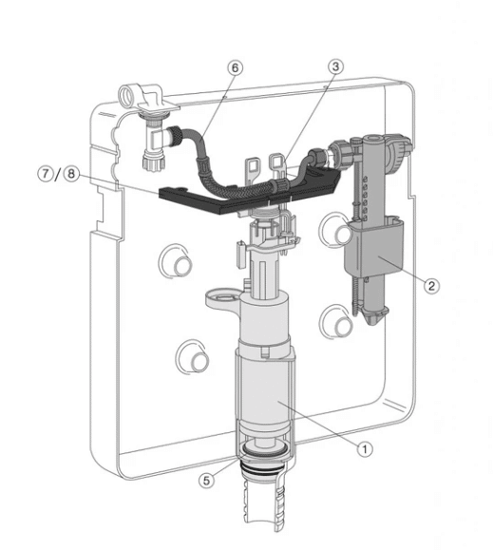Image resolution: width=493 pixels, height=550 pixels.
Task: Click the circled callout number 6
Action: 235,67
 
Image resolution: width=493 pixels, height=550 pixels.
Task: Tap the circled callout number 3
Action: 335,66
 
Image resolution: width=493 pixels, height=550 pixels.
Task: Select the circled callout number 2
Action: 431,286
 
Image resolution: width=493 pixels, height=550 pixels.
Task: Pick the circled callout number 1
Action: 365,448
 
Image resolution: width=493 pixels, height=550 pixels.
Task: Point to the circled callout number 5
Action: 206,481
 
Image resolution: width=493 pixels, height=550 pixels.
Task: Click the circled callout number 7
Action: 46,173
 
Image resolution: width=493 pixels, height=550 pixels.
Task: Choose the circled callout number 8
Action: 71,173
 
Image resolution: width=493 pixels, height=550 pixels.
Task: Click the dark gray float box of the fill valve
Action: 373,250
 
